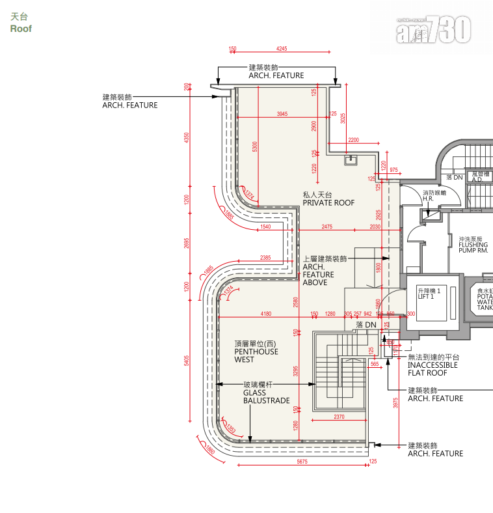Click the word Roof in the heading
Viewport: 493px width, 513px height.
pyautogui.click(x=21, y=29)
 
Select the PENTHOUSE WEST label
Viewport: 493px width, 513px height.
pyautogui.click(x=256, y=355)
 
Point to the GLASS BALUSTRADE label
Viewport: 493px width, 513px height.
pyautogui.click(x=266, y=396)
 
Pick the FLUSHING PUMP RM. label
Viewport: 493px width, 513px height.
pyautogui.click(x=473, y=245)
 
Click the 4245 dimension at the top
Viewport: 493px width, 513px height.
pyautogui.click(x=282, y=49)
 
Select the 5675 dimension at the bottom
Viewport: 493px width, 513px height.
pyautogui.click(x=302, y=462)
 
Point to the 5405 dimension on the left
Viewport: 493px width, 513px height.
pyautogui.click(x=187, y=361)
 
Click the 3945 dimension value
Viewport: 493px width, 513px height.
pyautogui.click(x=282, y=114)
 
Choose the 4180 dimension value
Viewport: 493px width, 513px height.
pyautogui.click(x=265, y=314)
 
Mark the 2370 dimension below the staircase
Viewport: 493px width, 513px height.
pyautogui.click(x=339, y=417)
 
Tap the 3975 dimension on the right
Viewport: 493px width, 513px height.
pyautogui.click(x=395, y=403)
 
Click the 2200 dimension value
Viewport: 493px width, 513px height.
pyautogui.click(x=353, y=140)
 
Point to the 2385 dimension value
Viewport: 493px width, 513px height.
pyautogui.click(x=265, y=258)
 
